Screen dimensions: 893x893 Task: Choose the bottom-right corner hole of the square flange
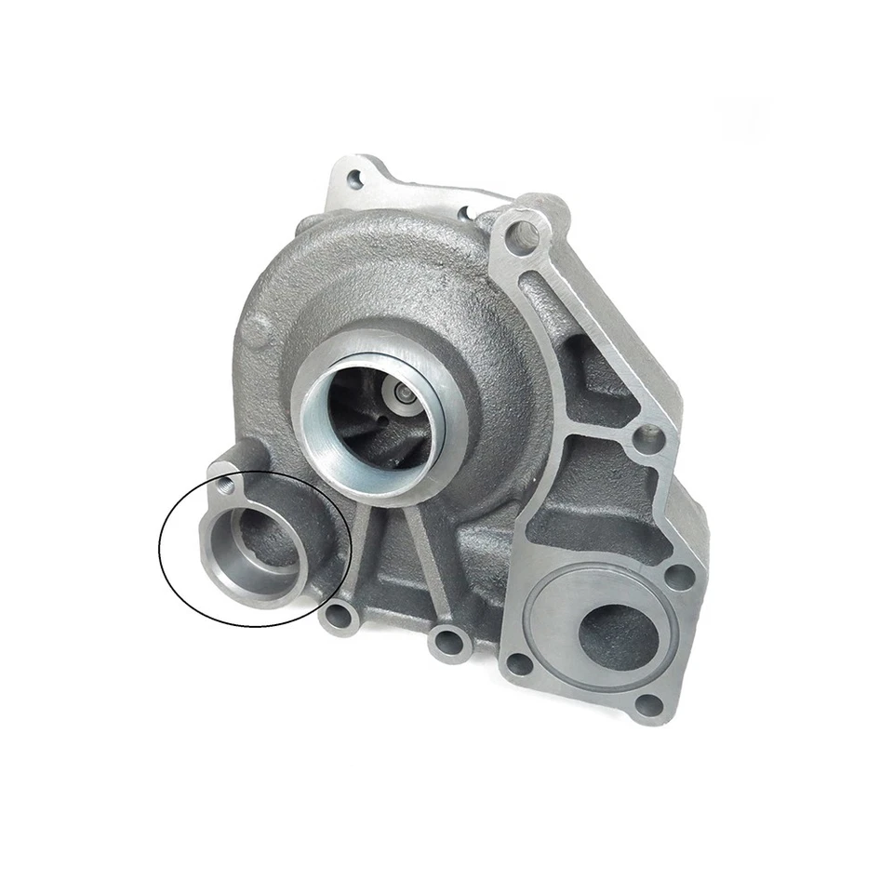tap(651, 704)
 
